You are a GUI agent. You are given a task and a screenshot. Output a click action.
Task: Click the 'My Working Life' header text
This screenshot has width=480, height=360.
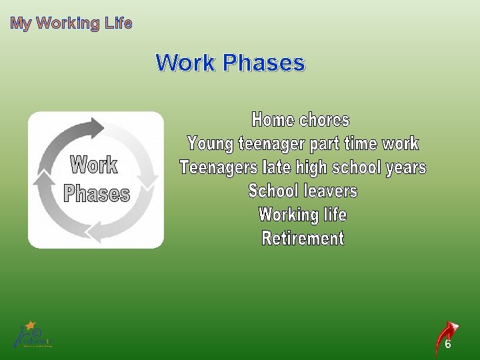pyautogui.click(x=71, y=23)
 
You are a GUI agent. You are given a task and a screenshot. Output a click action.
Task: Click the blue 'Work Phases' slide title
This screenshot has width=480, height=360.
pyautogui.click(x=230, y=63)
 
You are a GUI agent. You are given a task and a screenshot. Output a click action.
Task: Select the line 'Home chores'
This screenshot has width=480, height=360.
pyautogui.click(x=301, y=120)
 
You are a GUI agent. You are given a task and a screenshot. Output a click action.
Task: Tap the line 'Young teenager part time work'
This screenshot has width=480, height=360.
pyautogui.click(x=303, y=143)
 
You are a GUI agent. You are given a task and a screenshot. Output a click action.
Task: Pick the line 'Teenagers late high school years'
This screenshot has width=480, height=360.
pyautogui.click(x=303, y=167)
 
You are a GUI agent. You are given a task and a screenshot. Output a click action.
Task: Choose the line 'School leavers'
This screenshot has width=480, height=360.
pyautogui.click(x=303, y=191)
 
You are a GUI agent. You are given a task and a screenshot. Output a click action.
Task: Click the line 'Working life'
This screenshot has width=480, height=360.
pyautogui.click(x=303, y=215)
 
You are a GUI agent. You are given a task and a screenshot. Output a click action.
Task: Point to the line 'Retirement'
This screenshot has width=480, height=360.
pyautogui.click(x=303, y=239)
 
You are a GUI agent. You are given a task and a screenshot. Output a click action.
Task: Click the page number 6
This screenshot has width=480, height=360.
pyautogui.click(x=448, y=345)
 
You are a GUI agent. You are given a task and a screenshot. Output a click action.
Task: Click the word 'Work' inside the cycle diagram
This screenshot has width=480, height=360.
pyautogui.click(x=94, y=165)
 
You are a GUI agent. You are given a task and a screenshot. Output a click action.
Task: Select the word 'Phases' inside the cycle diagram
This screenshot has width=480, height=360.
pyautogui.click(x=97, y=194)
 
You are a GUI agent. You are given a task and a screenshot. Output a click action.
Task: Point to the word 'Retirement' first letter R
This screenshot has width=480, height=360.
pyautogui.click(x=267, y=239)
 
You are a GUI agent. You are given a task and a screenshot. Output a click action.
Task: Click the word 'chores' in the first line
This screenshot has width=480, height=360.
pyautogui.click(x=325, y=120)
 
